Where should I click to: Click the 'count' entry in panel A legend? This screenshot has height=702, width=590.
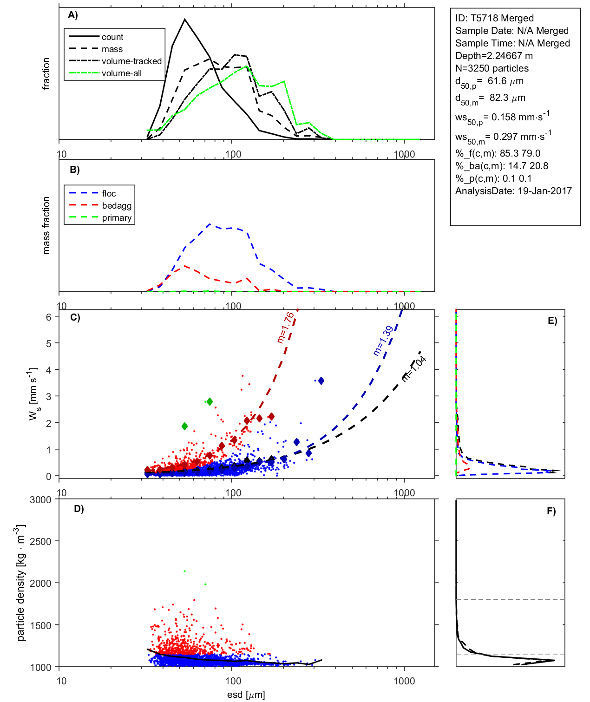(x=112, y=37)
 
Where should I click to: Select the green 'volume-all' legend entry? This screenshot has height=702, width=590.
(x=121, y=73)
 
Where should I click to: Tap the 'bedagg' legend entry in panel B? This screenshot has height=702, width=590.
(x=117, y=206)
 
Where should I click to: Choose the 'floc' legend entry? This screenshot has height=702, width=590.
(x=109, y=194)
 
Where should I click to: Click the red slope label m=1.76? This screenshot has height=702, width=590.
(x=285, y=328)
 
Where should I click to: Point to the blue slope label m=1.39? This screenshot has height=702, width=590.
(x=383, y=341)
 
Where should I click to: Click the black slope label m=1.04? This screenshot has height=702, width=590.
(x=413, y=369)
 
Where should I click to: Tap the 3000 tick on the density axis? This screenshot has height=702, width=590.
(x=40, y=500)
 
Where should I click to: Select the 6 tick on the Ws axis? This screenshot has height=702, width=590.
(x=48, y=317)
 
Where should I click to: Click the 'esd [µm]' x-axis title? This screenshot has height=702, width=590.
(x=246, y=695)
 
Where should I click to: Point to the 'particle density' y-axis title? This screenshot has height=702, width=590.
(x=21, y=583)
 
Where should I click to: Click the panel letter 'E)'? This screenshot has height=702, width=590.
(x=552, y=321)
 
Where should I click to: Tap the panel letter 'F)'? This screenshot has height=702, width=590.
(x=551, y=511)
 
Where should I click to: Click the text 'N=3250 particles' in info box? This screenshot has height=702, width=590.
(x=492, y=68)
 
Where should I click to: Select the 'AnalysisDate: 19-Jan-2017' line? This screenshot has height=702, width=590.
(x=513, y=191)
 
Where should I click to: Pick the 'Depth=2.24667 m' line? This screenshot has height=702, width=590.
(x=494, y=56)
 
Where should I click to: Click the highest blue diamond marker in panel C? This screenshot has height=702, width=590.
(x=321, y=381)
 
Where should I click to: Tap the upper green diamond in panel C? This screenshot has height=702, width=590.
(x=210, y=401)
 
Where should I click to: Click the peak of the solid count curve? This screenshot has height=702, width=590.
(x=185, y=19)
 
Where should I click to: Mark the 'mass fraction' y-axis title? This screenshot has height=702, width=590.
(x=46, y=225)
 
